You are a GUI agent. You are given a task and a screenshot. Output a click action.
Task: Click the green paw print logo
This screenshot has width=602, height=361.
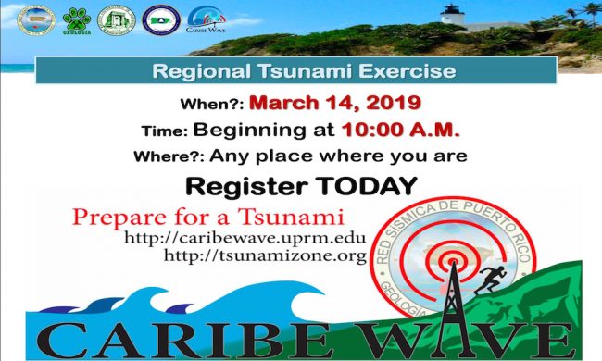click(77, 19)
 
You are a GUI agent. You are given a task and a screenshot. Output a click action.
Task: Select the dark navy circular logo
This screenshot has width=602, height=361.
click(161, 19)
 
